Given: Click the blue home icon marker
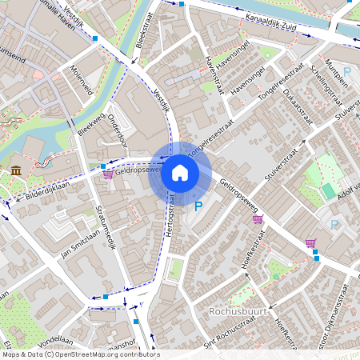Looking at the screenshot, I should pos(180,173).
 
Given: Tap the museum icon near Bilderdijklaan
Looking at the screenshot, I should pos(16,170).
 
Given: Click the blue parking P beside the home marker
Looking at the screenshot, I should pos(198,206).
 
